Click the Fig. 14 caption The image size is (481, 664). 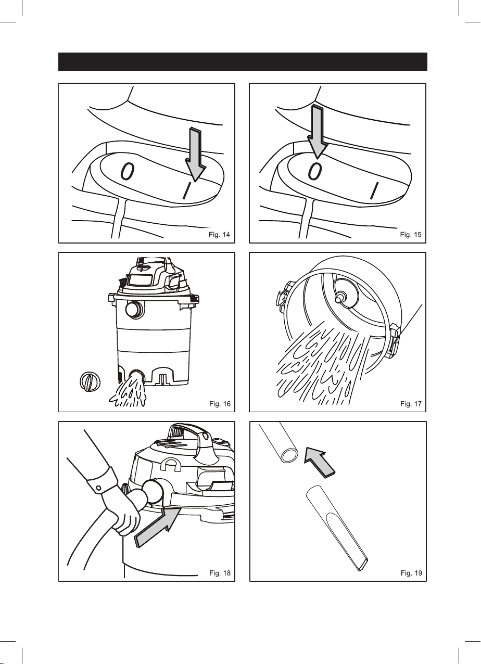click(x=220, y=235)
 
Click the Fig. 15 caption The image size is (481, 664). click(x=410, y=235)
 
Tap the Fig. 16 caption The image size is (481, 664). click(x=220, y=404)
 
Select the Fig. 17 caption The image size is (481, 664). click(x=411, y=404)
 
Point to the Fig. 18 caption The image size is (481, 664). click(x=220, y=573)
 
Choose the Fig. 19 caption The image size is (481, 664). click(x=411, y=573)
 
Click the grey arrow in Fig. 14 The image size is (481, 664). click(x=195, y=155)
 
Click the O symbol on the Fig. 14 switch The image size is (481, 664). click(x=128, y=172)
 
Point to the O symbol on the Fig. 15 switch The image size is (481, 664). click(x=315, y=171)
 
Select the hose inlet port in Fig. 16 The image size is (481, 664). click(x=135, y=310)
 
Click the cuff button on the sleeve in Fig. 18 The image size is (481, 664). click(x=98, y=488)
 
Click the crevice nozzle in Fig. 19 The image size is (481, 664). click(x=337, y=528)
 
